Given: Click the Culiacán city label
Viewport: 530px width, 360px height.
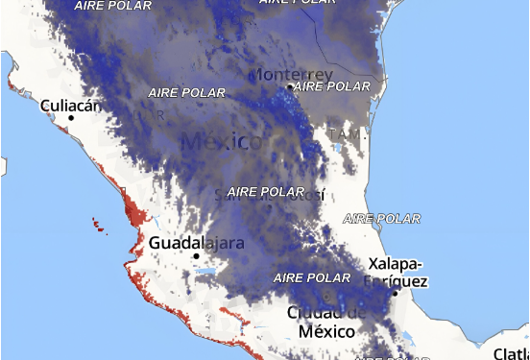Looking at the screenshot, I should point(70,105).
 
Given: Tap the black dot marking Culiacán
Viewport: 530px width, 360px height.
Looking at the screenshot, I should point(71,118).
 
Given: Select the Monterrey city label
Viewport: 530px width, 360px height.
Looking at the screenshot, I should point(291,74).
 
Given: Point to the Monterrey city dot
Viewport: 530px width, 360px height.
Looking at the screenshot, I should point(290,86).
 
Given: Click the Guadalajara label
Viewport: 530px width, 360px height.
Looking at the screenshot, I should point(197,243).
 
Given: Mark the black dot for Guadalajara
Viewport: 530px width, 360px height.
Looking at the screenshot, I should point(197,256).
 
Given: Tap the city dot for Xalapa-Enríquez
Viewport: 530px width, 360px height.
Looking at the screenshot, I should point(394,294).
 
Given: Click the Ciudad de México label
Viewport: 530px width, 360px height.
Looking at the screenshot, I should point(327,323).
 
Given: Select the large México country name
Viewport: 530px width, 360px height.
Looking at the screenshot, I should point(222,142).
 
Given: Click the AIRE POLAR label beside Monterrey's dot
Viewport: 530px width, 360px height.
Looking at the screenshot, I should point(332,86).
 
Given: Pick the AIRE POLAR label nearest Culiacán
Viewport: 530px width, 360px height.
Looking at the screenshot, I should point(186,93).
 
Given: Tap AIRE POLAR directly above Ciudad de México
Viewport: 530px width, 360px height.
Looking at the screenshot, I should point(312,277).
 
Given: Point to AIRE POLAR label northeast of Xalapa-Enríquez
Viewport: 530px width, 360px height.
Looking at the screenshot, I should point(381,219).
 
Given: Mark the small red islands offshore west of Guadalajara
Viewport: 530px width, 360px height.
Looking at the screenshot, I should point(99,226).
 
